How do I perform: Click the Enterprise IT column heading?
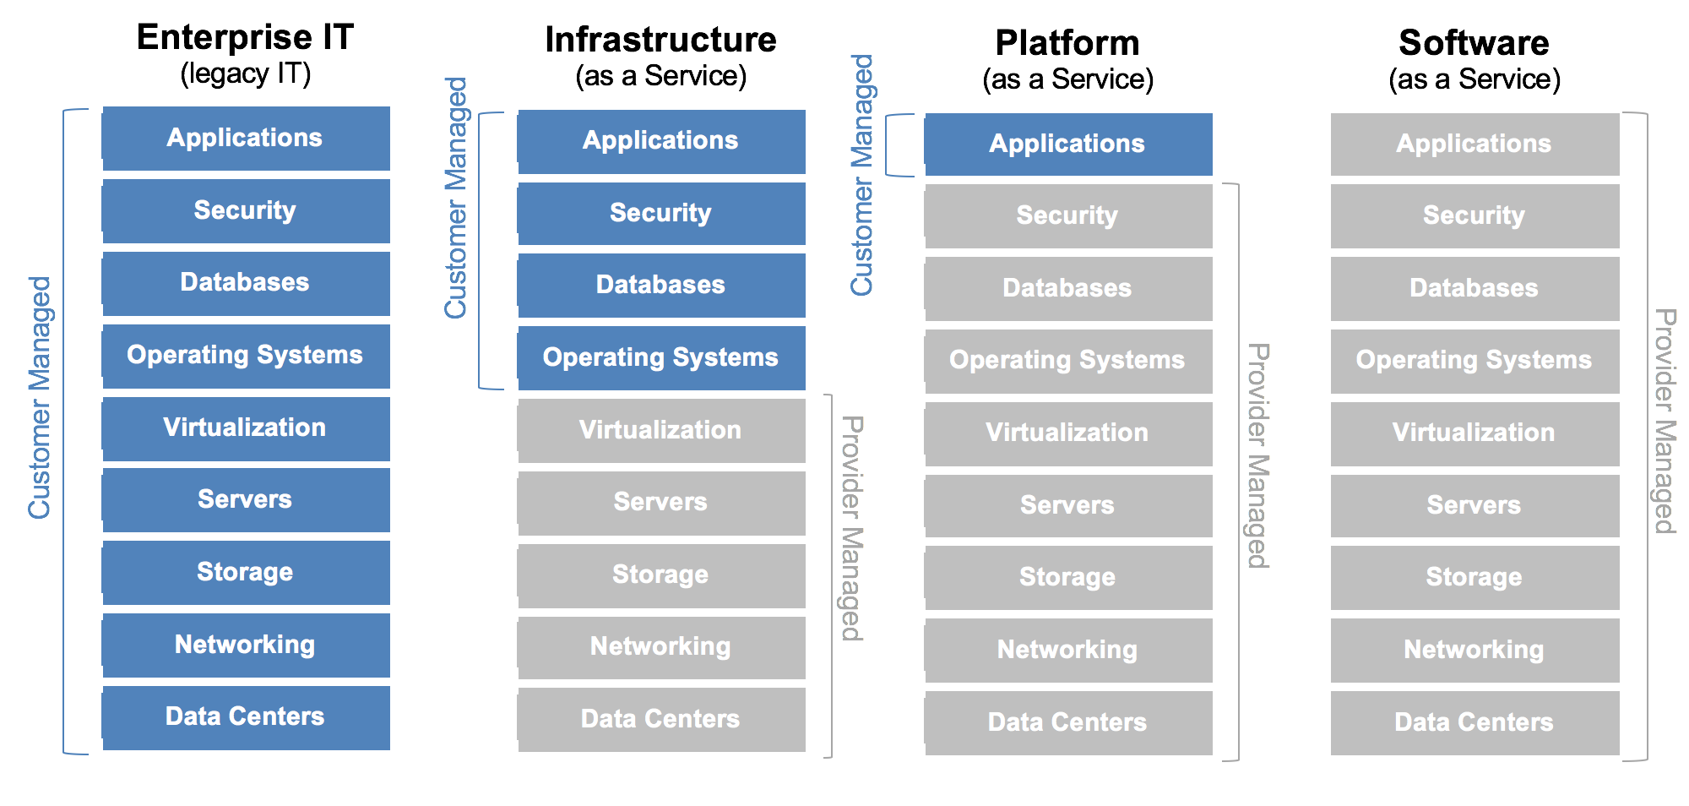(x=245, y=37)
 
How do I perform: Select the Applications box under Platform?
(x=1067, y=144)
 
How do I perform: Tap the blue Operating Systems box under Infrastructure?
(x=660, y=357)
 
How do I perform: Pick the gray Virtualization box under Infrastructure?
(x=660, y=430)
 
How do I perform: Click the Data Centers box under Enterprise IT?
(x=245, y=716)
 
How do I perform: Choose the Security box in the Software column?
(x=1474, y=215)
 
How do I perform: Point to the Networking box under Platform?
(x=1067, y=650)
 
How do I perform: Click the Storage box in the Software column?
(x=1474, y=577)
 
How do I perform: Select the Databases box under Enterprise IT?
(x=245, y=282)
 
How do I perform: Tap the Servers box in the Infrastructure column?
(x=660, y=502)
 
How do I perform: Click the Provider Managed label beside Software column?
(x=1665, y=421)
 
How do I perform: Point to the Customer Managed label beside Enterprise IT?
(x=40, y=397)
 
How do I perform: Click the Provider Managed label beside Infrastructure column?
(x=852, y=528)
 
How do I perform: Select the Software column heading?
(x=1474, y=42)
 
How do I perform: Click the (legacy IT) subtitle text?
(x=245, y=74)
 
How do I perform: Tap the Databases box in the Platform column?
(x=1067, y=288)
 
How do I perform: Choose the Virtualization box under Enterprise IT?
(x=245, y=428)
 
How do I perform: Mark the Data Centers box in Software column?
(x=1474, y=722)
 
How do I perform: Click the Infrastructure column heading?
(x=660, y=40)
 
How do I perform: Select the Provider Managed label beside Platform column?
(x=1258, y=455)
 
